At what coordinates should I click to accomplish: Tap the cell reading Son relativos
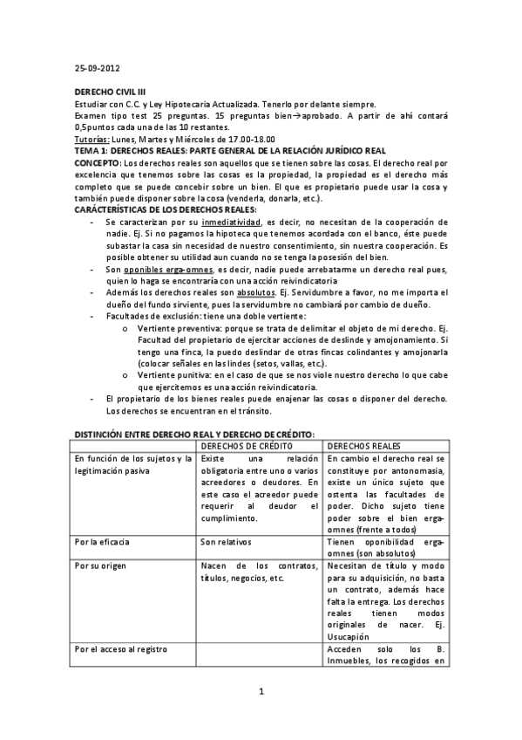[x=224, y=541]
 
